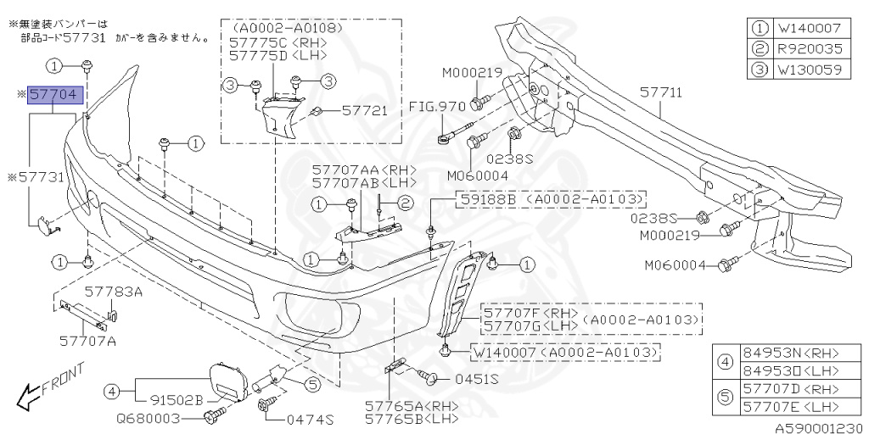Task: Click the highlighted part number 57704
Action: click(55, 95)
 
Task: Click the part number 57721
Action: click(364, 110)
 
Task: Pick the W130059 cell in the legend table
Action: click(805, 70)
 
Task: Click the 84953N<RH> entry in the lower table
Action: click(785, 353)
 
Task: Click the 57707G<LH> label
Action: click(531, 326)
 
